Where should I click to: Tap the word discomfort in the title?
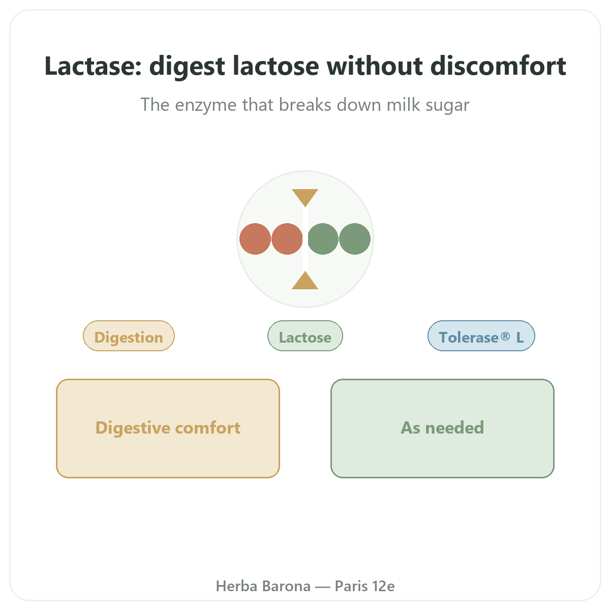pos(498,66)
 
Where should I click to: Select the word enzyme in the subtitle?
pos(206,105)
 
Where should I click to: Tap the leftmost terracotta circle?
pos(255,239)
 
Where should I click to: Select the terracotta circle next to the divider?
pos(287,239)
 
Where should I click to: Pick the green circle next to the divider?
pos(323,239)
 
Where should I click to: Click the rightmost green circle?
pos(354,239)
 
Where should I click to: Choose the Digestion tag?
pos(129,335)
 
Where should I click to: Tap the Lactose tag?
pos(305,335)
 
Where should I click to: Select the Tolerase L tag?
pos(481,335)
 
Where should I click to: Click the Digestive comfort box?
pos(168,429)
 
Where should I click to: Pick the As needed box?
pos(442,429)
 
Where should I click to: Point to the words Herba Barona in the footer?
pos(263,586)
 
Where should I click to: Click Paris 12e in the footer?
pos(364,586)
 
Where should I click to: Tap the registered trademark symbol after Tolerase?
pos(505,335)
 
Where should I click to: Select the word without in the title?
pos(375,66)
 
